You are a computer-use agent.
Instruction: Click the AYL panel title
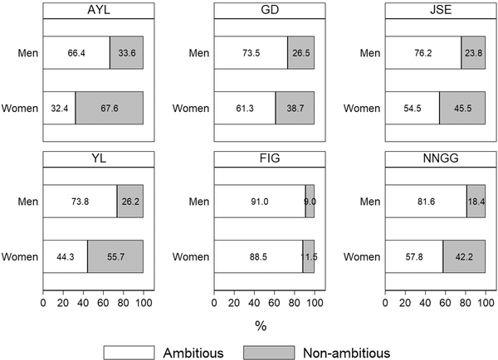(x=93, y=11)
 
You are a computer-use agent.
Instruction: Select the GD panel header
(x=264, y=11)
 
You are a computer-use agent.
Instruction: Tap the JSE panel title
(x=435, y=11)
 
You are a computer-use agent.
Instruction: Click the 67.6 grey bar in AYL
(x=109, y=108)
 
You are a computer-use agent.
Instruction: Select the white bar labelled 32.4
(x=59, y=108)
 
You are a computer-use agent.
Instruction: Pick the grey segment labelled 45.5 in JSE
(x=462, y=108)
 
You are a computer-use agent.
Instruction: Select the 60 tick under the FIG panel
(x=274, y=303)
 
